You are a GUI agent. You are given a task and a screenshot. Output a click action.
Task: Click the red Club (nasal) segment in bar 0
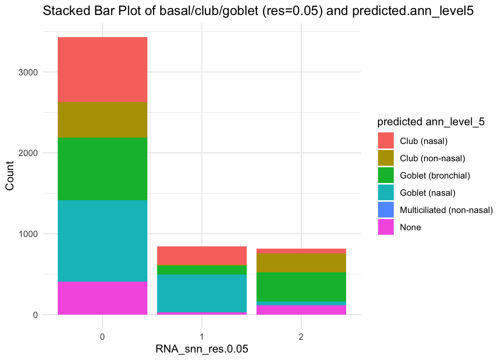coord(102,69)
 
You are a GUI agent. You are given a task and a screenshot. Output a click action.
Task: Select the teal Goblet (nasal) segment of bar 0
coord(102,241)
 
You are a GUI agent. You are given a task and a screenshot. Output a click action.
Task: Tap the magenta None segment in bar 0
coord(102,298)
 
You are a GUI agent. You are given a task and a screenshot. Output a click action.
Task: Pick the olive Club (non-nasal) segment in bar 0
coord(102,120)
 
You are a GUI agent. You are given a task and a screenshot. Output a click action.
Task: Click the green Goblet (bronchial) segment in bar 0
coord(102,169)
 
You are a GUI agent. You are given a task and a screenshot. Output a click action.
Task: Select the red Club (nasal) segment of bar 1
coord(202,256)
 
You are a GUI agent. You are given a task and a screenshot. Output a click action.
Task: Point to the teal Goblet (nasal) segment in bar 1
coord(202,293)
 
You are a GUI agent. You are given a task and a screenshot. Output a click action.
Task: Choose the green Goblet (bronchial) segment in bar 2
coord(301,286)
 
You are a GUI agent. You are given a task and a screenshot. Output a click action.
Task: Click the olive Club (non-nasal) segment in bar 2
coord(301,262)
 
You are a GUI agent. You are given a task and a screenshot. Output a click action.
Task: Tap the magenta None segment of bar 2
coord(301,310)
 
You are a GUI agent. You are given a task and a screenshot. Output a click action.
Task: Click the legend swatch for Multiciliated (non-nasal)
coord(386,210)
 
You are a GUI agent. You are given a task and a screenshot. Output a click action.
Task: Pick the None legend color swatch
coord(386,227)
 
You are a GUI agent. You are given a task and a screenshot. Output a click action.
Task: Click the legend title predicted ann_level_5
coord(431,122)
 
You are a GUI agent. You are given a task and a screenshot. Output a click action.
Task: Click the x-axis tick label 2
coord(301,337)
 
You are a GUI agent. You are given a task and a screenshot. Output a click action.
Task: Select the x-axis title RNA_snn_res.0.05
coord(202,349)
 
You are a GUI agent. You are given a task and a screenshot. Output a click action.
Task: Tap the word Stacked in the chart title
coord(62,11)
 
